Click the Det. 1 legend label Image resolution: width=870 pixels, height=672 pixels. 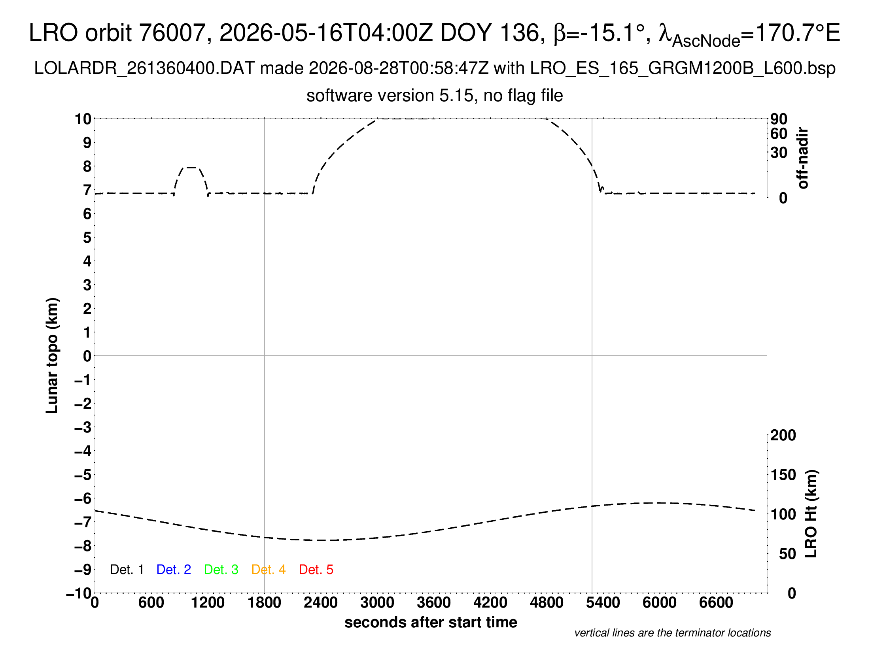coord(127,570)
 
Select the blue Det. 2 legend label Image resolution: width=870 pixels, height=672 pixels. coord(174,570)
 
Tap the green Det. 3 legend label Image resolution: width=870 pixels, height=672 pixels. coord(221,570)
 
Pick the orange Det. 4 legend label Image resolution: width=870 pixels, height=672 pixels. coord(269,570)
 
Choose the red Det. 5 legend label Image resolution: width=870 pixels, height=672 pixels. coord(316,570)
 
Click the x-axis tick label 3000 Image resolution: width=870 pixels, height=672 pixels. coord(377,603)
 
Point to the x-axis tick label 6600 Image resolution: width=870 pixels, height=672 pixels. coord(716,603)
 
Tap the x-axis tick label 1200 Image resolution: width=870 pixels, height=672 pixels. coord(208,603)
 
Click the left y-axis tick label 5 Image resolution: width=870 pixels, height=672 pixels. coord(87,238)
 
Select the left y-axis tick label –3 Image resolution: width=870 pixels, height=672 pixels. coord(83,428)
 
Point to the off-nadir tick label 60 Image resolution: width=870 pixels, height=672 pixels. coord(779,134)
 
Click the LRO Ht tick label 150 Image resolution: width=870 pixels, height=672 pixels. coord(783,475)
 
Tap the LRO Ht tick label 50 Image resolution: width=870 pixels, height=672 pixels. coord(787,554)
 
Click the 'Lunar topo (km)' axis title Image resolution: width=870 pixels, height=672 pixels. coord(52,356)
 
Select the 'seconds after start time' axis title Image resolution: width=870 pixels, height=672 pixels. coord(431,622)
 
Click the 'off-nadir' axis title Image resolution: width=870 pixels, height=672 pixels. coord(803,158)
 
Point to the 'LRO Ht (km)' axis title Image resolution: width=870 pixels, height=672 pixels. coord(811,514)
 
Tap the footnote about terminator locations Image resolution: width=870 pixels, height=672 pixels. coord(672,633)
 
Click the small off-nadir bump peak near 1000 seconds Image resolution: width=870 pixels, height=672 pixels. coord(191,168)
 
